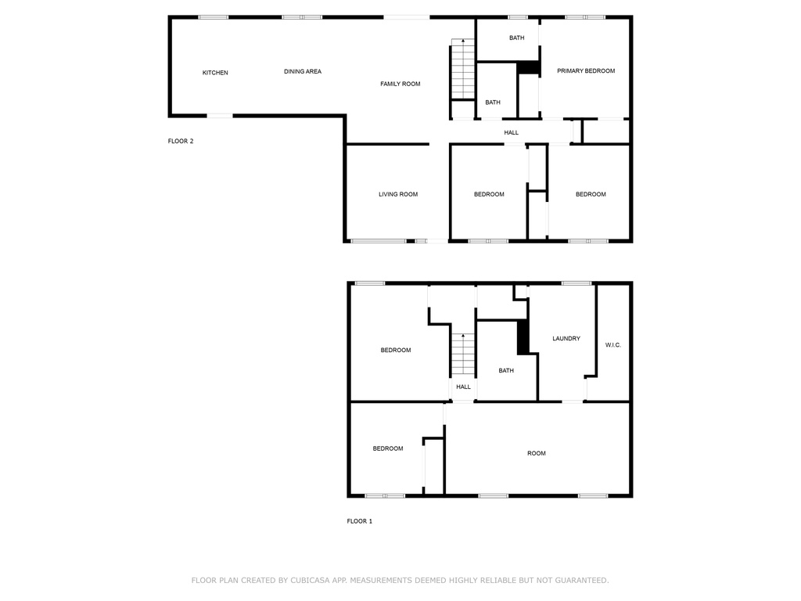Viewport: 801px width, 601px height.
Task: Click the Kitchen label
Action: click(215, 73)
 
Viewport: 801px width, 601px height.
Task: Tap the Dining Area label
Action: click(303, 71)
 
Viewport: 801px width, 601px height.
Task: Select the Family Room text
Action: click(400, 84)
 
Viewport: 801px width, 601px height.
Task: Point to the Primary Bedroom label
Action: click(585, 71)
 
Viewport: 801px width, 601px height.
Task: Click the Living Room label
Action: click(398, 194)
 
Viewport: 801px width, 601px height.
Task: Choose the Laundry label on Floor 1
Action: click(566, 338)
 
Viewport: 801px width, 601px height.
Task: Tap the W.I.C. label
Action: click(613, 345)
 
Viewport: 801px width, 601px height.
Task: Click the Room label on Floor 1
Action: click(537, 453)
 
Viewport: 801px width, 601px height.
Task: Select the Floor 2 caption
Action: click(181, 141)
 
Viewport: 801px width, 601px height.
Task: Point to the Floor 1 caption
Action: click(360, 521)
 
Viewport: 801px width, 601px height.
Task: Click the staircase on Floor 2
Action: click(463, 69)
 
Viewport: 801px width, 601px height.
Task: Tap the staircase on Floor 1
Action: click(463, 354)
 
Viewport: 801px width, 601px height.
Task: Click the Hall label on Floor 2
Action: click(512, 132)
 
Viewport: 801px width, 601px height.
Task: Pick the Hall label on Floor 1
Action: click(463, 387)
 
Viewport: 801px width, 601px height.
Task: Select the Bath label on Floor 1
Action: click(506, 370)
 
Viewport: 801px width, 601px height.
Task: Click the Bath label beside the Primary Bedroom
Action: click(517, 38)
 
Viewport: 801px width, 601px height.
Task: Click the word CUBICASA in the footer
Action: click(311, 580)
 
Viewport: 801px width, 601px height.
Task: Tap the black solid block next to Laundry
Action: click(523, 336)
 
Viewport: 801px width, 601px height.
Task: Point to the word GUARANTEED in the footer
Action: click(582, 580)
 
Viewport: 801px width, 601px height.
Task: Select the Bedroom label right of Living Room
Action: click(489, 194)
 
